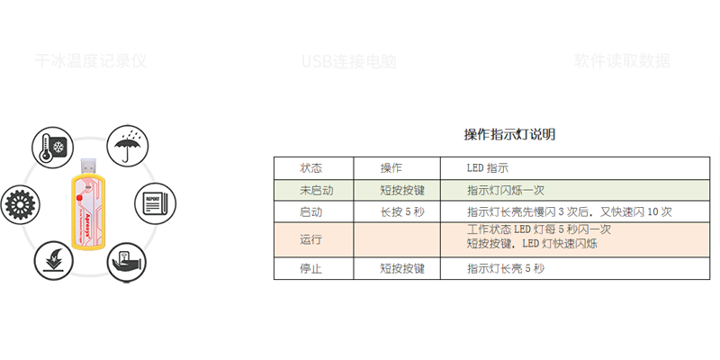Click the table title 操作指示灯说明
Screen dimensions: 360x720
click(x=509, y=135)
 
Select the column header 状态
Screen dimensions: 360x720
click(x=311, y=168)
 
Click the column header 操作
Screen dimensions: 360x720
click(x=391, y=168)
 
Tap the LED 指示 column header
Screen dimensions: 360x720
click(x=488, y=168)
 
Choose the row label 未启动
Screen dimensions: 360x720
click(x=316, y=190)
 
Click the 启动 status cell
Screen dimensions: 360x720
click(x=311, y=212)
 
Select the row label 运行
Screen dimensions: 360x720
click(x=311, y=240)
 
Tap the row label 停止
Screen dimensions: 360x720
click(x=311, y=268)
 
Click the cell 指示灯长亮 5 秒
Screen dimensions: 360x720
click(x=506, y=268)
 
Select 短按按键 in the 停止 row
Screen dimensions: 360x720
click(x=401, y=268)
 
